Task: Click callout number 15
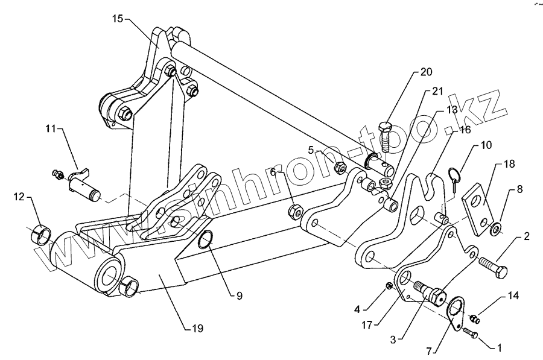click(118, 19)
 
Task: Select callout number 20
click(426, 72)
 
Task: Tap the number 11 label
click(49, 128)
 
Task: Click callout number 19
click(197, 329)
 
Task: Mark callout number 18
click(509, 163)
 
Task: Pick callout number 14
click(513, 295)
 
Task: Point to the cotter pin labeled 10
click(457, 179)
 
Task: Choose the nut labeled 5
click(340, 165)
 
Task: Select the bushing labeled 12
click(40, 232)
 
